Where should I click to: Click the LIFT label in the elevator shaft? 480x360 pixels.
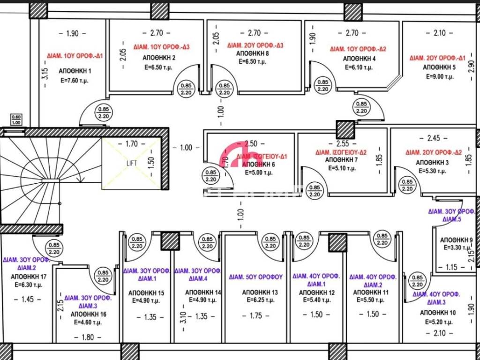click(132, 163)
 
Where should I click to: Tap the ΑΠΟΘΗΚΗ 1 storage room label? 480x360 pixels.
click(75, 71)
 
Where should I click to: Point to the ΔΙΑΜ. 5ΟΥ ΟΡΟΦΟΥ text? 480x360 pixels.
click(256, 277)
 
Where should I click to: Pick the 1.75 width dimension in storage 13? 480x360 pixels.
click(256, 316)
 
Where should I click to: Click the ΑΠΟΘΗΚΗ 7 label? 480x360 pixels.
click(341, 160)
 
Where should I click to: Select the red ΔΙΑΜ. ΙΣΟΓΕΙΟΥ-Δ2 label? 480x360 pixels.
click(341, 152)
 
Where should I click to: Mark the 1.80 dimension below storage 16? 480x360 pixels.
click(84, 337)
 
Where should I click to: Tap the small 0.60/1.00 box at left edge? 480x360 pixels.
click(16, 120)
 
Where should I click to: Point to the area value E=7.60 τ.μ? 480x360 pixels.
click(75, 80)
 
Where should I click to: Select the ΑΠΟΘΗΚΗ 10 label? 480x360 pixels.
click(438, 313)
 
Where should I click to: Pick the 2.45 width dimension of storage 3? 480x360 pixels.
click(434, 138)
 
